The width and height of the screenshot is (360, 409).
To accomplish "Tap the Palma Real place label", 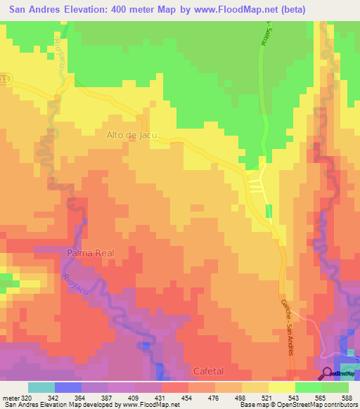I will tap(90, 252).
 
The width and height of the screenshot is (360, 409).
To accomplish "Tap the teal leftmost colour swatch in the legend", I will tap(41, 387).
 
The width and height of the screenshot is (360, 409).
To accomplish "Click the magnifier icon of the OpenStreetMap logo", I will tap(327, 373).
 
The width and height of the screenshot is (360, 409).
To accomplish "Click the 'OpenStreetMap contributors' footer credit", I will tap(316, 405).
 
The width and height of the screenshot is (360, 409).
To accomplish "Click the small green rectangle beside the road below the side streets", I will tap(269, 211).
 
